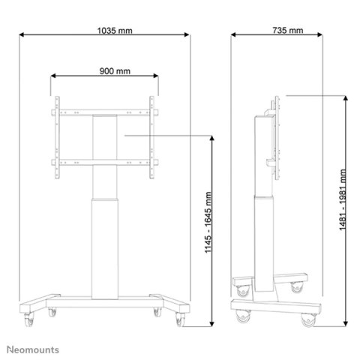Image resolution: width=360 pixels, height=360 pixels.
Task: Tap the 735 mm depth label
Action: tap(289, 31)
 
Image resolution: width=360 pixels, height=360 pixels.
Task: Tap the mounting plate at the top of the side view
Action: tap(278, 139)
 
